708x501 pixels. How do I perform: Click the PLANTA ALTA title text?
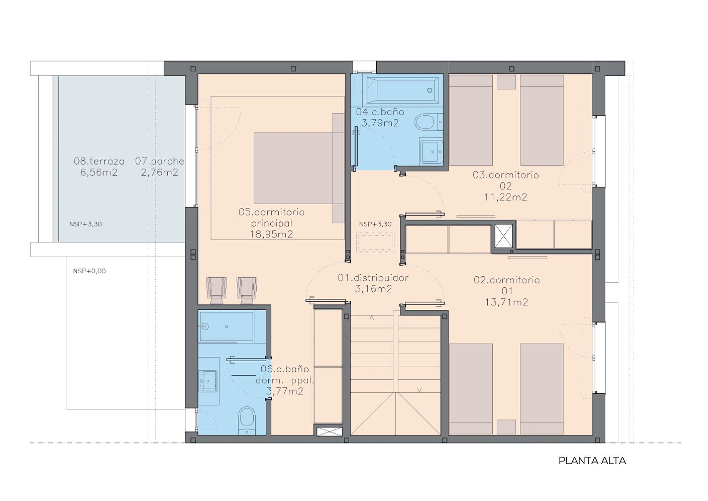tap(592, 461)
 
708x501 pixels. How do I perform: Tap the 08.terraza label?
tap(99, 161)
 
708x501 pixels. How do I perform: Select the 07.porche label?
tap(160, 161)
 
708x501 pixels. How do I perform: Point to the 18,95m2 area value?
tap(272, 234)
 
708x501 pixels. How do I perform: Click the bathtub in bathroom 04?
tap(402, 90)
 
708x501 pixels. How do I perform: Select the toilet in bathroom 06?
tap(247, 421)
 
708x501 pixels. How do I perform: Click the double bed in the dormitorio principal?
tap(299, 168)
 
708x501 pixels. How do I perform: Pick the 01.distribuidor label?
tap(373, 278)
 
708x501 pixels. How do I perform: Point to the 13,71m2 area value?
tap(506, 302)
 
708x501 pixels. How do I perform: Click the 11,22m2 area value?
tap(506, 197)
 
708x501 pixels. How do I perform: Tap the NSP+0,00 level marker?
tap(89, 271)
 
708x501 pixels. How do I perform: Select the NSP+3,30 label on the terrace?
tap(86, 224)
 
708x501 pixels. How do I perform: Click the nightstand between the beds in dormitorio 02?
tap(506, 82)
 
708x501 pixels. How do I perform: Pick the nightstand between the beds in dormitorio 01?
tap(506, 427)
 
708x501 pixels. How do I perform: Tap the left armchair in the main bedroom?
tap(217, 290)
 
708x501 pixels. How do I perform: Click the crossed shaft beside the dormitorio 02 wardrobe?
tap(504, 236)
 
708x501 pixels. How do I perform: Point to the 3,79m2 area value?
tap(380, 123)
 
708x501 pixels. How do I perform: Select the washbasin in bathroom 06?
tap(209, 381)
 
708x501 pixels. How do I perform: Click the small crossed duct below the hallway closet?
tap(329, 432)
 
